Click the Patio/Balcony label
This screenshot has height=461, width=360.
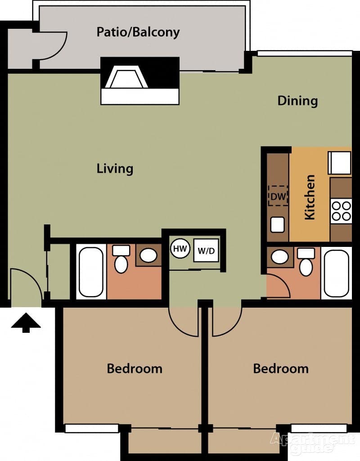click(138, 32)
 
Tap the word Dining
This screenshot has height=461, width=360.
click(297, 100)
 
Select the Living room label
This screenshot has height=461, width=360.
click(115, 169)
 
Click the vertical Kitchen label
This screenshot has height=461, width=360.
click(310, 197)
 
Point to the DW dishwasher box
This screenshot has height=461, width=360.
click(278, 196)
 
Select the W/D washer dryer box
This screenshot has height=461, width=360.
click(206, 251)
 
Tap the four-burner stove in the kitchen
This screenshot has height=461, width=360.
click(341, 210)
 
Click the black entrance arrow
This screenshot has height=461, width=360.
click(26, 323)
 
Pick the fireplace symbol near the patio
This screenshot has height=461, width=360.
click(139, 81)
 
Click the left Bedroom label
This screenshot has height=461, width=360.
click(134, 369)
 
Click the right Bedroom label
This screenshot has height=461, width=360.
click(281, 369)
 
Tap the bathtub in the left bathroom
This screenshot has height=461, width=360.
click(91, 272)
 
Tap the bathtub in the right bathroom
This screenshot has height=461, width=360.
click(336, 272)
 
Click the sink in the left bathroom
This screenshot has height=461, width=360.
click(148, 255)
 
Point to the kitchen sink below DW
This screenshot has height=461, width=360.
click(278, 224)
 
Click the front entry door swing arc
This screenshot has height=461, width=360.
click(26, 283)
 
